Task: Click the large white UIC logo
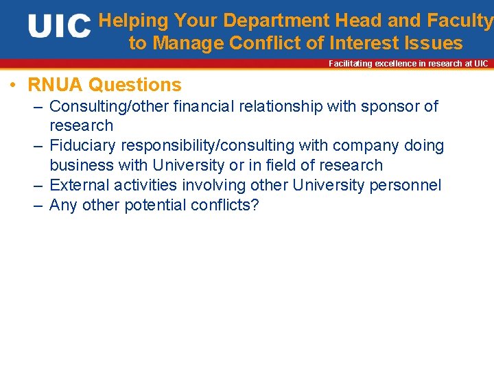click(x=60, y=27)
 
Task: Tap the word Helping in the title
click(x=133, y=21)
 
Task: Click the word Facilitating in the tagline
click(x=350, y=64)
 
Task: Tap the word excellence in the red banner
click(x=397, y=64)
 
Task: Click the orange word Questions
click(x=135, y=85)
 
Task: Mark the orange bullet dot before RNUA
click(x=13, y=86)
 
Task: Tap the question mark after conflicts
click(x=255, y=205)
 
